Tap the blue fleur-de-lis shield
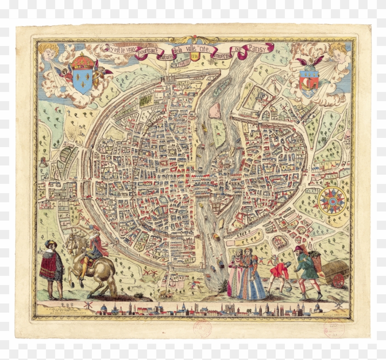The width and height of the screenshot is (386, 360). tap(83, 80)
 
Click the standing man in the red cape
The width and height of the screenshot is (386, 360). tap(51, 267)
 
